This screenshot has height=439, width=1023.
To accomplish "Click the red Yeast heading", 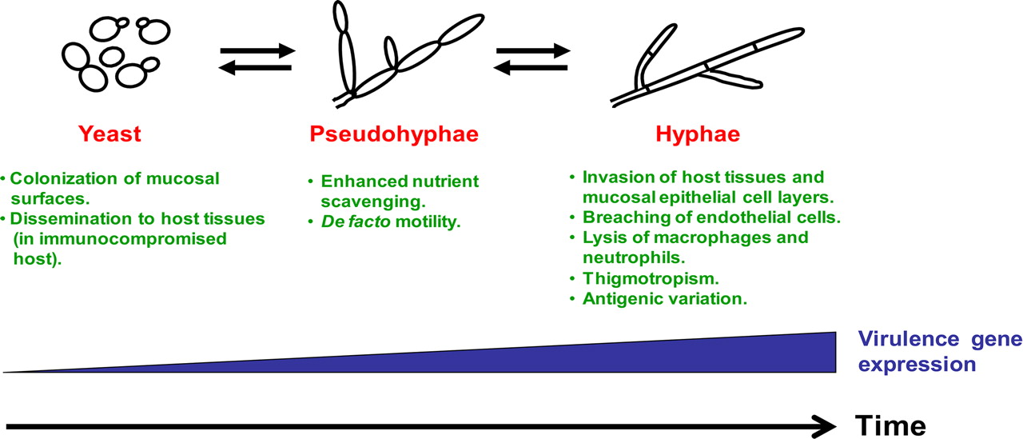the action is pyautogui.click(x=109, y=134).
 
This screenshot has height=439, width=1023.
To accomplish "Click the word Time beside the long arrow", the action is pyautogui.click(x=890, y=426).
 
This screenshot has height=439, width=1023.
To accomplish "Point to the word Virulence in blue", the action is pyautogui.click(x=909, y=339).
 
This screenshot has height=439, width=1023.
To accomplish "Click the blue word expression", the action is pyautogui.click(x=917, y=365).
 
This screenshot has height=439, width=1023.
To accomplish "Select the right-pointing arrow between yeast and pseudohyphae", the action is pyautogui.click(x=258, y=50).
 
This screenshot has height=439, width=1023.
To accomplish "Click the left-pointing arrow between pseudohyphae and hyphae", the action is pyautogui.click(x=531, y=68).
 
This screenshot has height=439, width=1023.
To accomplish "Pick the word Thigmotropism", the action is pyautogui.click(x=651, y=278).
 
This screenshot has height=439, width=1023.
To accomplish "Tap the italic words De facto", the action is pyautogui.click(x=356, y=221).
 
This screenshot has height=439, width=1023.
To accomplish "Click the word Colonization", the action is pyautogui.click(x=64, y=178).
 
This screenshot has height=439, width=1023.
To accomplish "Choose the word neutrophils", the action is pyautogui.click(x=634, y=258).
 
